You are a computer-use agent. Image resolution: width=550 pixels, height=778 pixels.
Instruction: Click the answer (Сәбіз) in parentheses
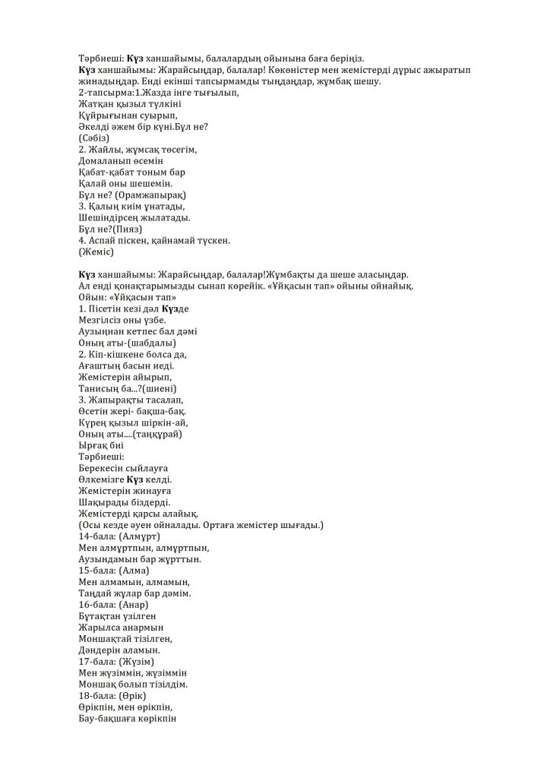94,138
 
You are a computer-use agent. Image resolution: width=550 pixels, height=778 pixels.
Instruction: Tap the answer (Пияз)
128,229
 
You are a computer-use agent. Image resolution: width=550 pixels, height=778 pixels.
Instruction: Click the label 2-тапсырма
102,93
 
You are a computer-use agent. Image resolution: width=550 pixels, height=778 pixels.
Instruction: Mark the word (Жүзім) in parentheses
137,662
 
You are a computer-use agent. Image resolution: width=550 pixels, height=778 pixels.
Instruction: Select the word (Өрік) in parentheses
134,696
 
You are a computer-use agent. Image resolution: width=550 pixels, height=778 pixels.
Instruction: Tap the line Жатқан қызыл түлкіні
132,104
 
